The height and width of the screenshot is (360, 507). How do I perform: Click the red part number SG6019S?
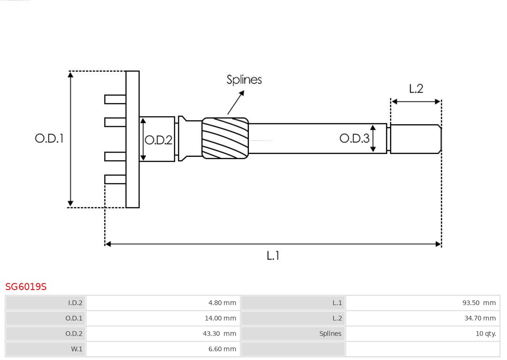[26, 287]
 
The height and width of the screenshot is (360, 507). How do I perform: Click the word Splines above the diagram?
[244, 80]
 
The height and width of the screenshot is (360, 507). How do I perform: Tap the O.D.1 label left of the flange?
[49, 138]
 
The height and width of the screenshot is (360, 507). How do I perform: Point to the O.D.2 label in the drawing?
[159, 140]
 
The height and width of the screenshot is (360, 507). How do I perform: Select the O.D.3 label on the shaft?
[354, 138]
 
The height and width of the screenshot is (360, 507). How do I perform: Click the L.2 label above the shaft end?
[416, 89]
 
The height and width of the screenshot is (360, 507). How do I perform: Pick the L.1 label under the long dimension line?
[273, 256]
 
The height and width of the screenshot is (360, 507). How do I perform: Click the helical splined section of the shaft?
[225, 138]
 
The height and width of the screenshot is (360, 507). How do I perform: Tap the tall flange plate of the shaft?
[132, 139]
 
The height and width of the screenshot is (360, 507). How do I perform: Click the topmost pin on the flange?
[115, 100]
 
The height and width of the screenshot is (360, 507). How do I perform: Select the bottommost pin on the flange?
[115, 179]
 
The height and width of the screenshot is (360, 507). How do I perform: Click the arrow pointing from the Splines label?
[236, 102]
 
